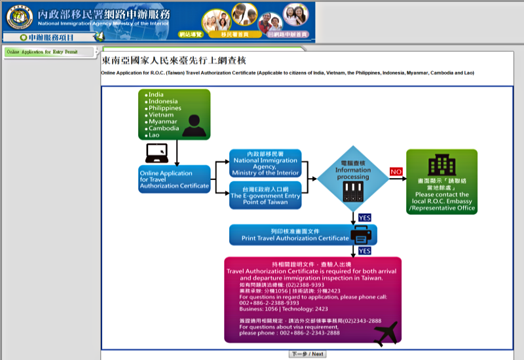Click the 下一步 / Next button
(307, 354)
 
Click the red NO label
(396, 171)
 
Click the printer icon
(362, 234)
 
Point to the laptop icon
(157, 154)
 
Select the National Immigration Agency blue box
(265, 164)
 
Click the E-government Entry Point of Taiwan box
(265, 195)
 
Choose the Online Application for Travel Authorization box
(175, 179)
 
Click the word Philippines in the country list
(164, 108)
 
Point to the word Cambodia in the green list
(163, 128)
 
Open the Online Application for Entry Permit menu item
(42, 52)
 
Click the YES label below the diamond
(365, 217)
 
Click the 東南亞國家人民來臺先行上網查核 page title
(164, 60)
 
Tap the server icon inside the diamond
(352, 190)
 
